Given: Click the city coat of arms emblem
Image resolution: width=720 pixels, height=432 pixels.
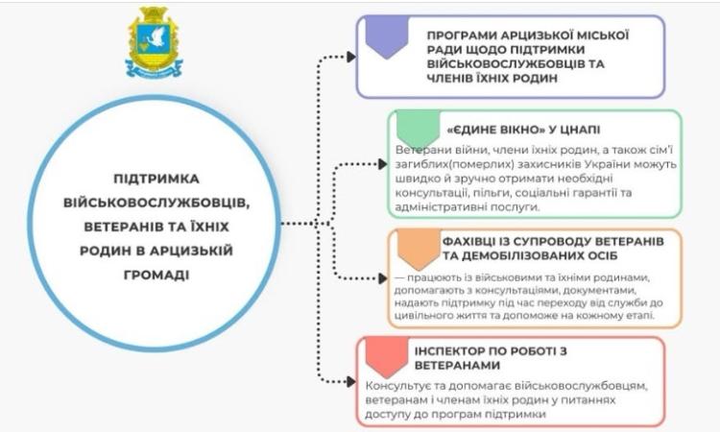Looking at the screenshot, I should (154, 42).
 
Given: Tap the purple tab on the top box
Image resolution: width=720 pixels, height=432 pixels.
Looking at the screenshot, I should (388, 37).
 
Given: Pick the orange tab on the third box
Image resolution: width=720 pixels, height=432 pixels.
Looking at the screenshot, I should (414, 247).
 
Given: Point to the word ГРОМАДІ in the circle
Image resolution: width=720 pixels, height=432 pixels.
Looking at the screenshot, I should (154, 274).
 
